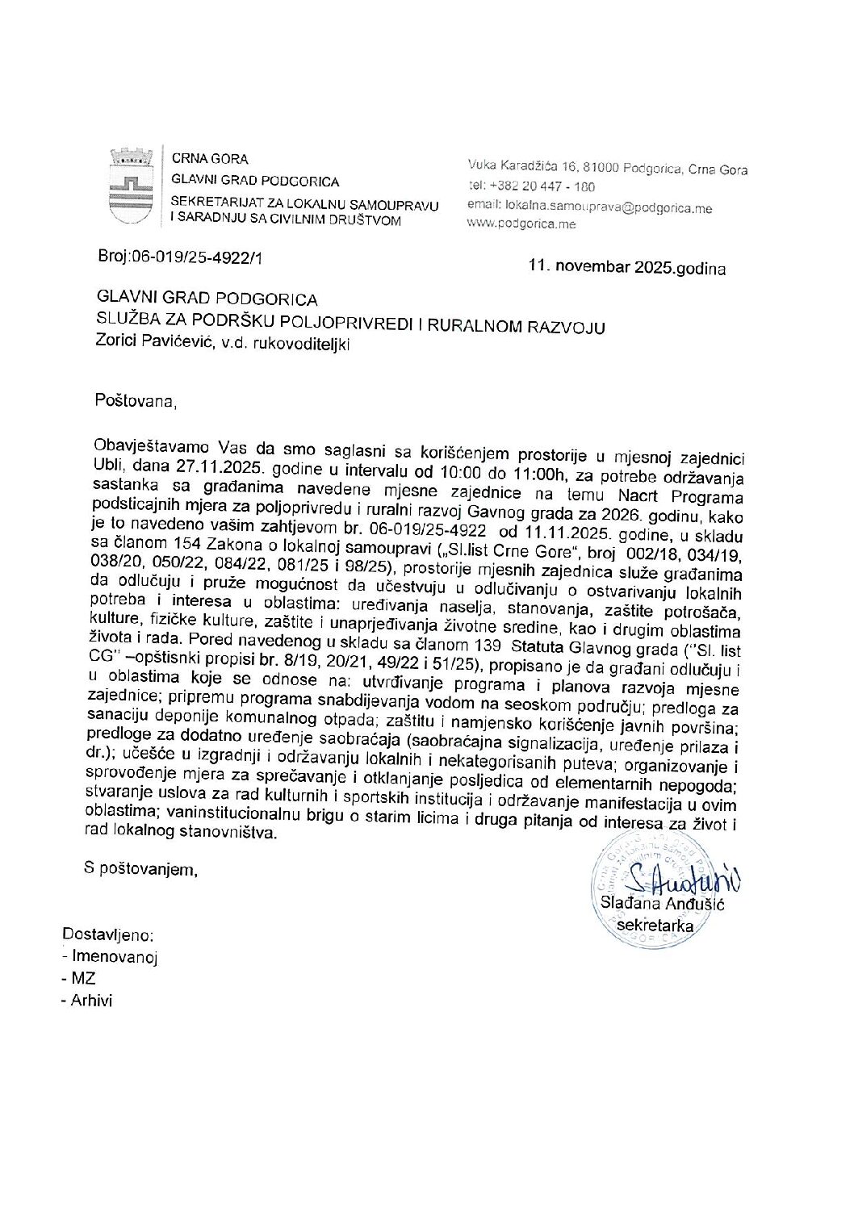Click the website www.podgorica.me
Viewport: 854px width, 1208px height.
(521, 224)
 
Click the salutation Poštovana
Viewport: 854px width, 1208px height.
(135, 399)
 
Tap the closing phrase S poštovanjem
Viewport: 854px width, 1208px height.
(141, 869)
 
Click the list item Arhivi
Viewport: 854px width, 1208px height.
(91, 1001)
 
